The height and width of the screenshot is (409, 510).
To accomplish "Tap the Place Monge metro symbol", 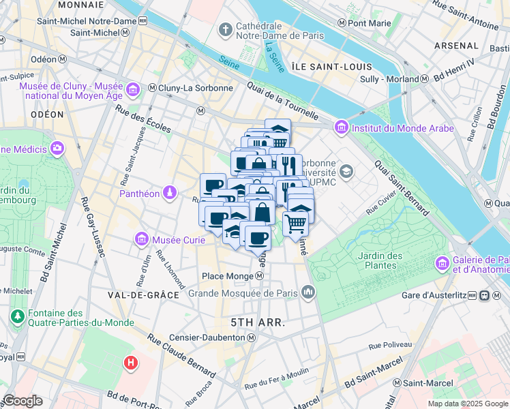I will pos(260,276).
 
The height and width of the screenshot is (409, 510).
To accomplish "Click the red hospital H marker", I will pos(130,362).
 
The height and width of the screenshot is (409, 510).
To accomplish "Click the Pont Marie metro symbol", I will pos(342,23).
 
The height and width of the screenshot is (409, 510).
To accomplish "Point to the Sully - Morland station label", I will pos(389,79).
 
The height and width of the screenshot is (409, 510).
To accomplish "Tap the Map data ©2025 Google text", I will pos(467,404).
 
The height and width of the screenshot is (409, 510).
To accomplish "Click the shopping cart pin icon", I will pos(295,223).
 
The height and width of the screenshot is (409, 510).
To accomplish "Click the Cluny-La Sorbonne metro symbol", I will pos(152,88).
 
